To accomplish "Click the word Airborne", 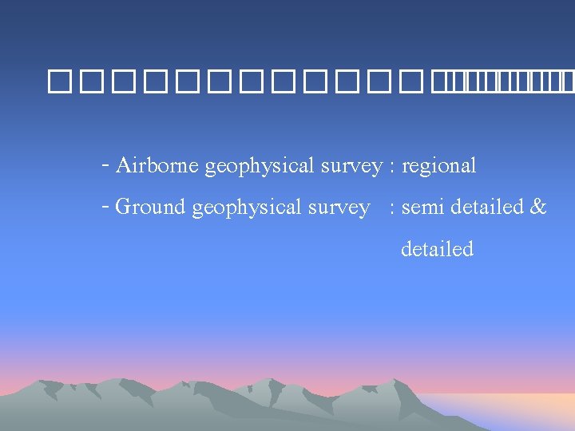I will point(157,166).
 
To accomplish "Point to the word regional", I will point(438,167).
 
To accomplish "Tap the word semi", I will point(423,208).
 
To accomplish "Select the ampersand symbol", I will point(538,208).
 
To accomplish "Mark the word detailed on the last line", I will point(437,249).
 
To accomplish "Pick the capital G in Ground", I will point(124,207).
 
